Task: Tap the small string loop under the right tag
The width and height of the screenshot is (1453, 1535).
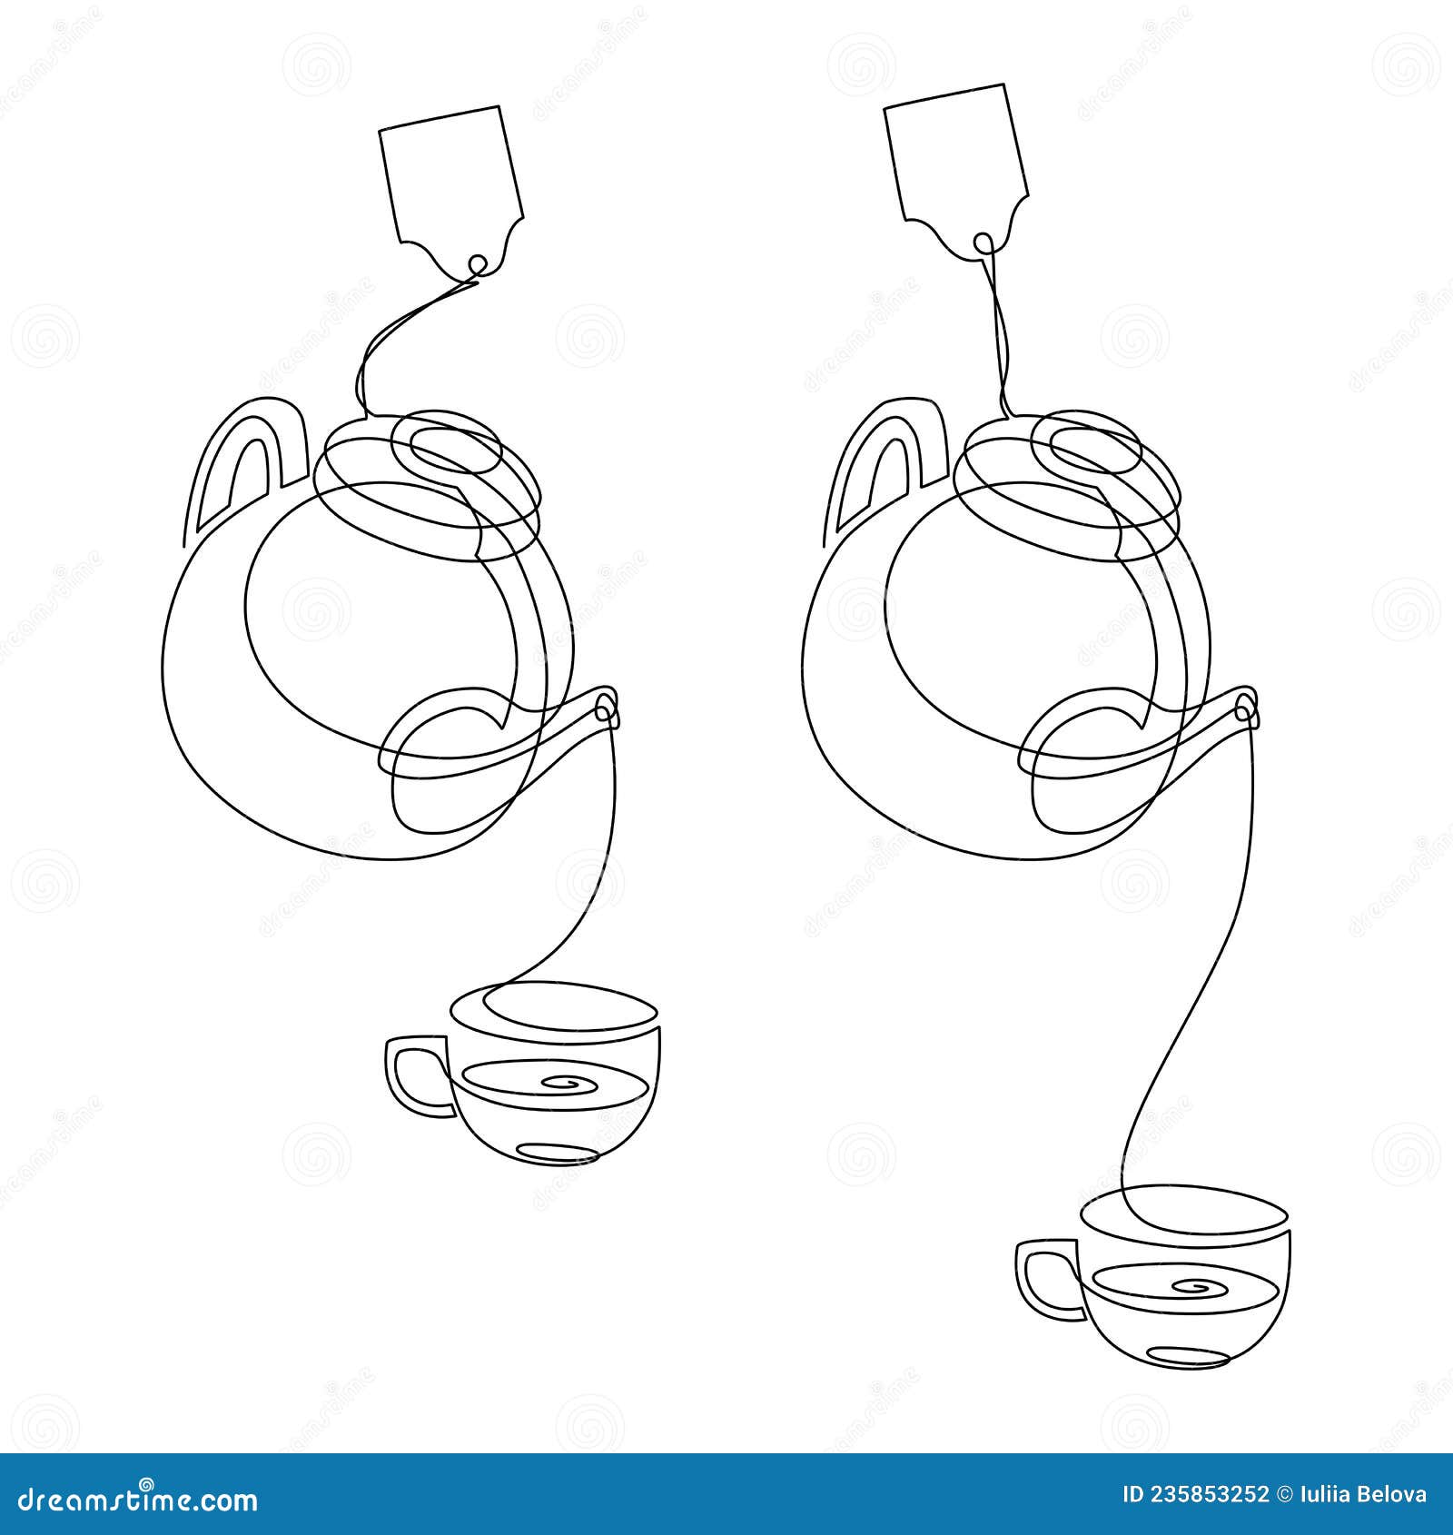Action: click(982, 243)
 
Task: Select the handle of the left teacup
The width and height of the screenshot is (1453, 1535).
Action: click(413, 1075)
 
